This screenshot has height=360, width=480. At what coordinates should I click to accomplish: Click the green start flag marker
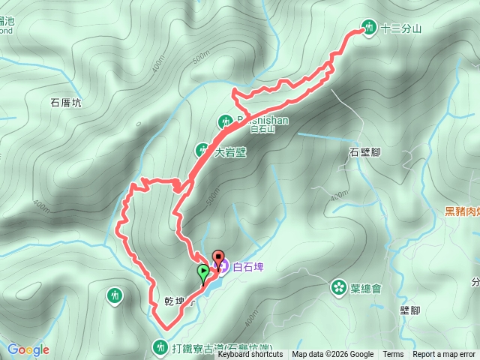coord(202,272)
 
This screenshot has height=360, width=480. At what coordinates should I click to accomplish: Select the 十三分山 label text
coord(401,29)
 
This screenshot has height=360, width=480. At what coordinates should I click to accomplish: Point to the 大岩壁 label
coord(230,151)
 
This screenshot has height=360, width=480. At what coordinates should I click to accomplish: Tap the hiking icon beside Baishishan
coord(226,121)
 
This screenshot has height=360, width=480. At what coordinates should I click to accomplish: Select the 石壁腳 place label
coord(365,152)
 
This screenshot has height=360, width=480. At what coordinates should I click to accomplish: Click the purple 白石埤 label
coord(249,265)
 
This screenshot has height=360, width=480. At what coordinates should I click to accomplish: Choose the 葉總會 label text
coord(366,288)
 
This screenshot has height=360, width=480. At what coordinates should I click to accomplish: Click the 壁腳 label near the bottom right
coord(409,310)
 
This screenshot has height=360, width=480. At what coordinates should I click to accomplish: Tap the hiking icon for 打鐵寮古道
coord(159,347)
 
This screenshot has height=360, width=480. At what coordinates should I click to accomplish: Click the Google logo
coord(28,349)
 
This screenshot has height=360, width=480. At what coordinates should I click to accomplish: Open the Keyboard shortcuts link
coord(251,355)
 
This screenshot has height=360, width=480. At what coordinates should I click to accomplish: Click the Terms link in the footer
coord(393,355)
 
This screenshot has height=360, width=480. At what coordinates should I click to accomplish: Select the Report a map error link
coord(444,355)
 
